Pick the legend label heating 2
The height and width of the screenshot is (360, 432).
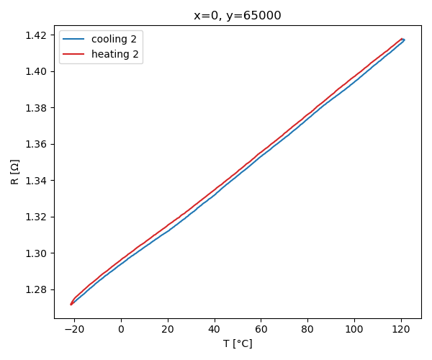coord(114,54)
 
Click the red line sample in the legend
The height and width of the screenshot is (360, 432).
coord(74,54)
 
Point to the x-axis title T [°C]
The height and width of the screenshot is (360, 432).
coord(238,344)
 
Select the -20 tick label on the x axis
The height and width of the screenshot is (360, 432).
coord(74,329)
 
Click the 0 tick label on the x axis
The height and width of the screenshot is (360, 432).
coord(121,329)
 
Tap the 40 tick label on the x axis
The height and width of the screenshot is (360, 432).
coord(214,329)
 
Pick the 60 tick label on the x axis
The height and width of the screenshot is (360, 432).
coord(261,329)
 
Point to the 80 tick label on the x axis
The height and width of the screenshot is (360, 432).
coord(307,329)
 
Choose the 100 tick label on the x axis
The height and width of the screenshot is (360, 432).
coord(354,329)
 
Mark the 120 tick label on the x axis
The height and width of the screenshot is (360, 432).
coord(401,329)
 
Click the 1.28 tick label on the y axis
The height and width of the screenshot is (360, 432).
coord(37,289)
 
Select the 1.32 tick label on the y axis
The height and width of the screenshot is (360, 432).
coord(37,217)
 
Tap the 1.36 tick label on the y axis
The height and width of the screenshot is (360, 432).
coord(37,144)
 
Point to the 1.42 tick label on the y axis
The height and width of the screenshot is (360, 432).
coord(37,35)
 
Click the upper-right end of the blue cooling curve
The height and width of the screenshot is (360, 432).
coord(404,40)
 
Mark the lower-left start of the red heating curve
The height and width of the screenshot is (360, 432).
coord(71,304)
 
